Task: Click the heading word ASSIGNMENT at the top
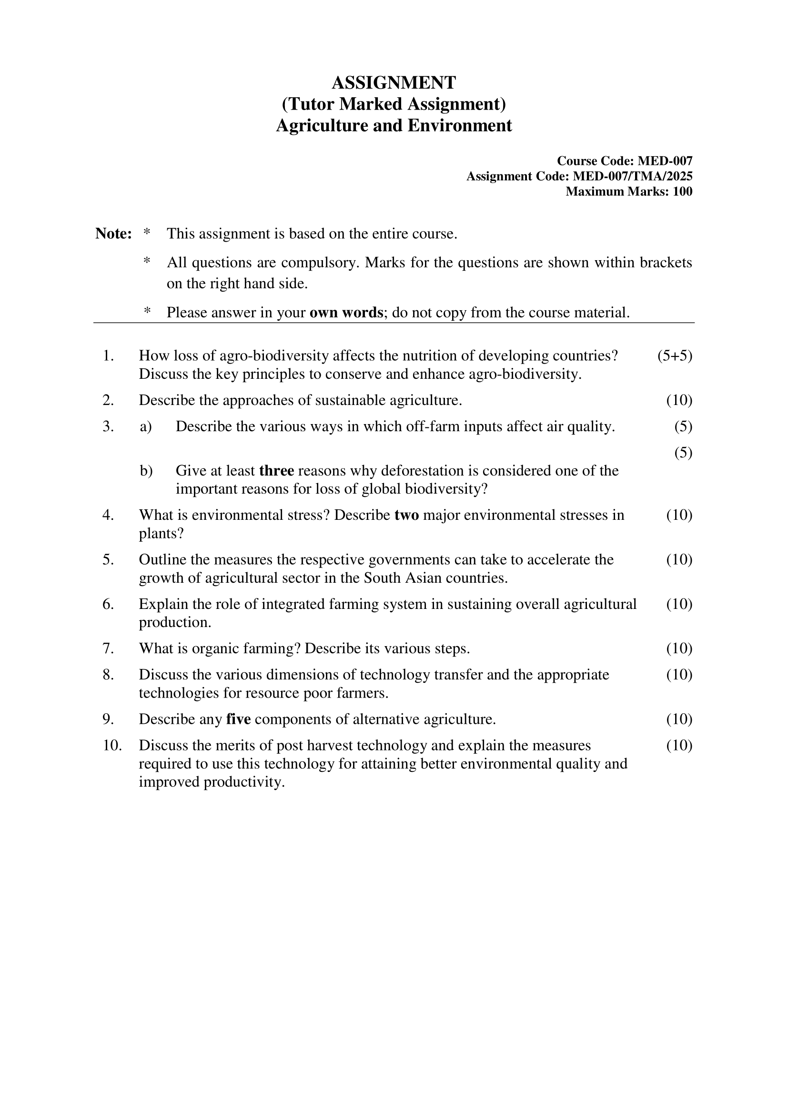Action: tap(394, 83)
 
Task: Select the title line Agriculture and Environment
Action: tap(394, 126)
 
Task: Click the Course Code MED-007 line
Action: tap(624, 161)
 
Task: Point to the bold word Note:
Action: tap(113, 233)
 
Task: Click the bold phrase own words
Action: tap(346, 313)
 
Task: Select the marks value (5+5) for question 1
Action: tap(675, 355)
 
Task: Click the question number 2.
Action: tap(108, 400)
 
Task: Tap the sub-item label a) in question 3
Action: tap(146, 426)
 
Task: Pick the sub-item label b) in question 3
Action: tap(146, 471)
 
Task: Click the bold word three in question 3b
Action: tap(277, 471)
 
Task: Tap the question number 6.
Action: tap(108, 604)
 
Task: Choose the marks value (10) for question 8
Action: tap(679, 675)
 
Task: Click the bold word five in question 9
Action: tap(238, 719)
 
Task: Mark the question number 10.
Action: tap(111, 745)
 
